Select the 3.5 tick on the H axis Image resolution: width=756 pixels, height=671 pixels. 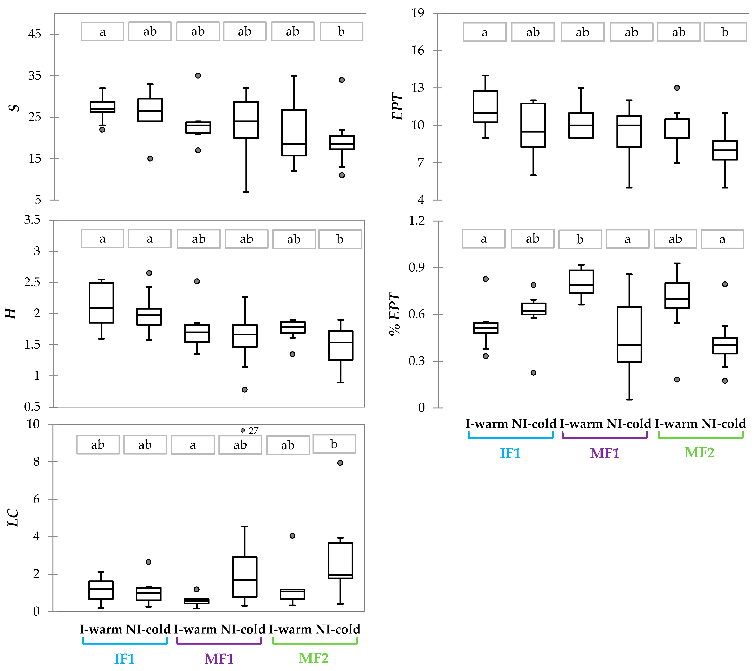pos(32,220)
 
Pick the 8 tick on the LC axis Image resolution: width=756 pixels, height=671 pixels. pos(36,462)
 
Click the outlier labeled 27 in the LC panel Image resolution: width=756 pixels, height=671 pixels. pos(243,430)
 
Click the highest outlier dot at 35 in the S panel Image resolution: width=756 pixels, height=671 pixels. pos(198,75)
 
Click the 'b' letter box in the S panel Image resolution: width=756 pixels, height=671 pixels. pos(341,31)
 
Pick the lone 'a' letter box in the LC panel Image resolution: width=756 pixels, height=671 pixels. pos(193,445)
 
